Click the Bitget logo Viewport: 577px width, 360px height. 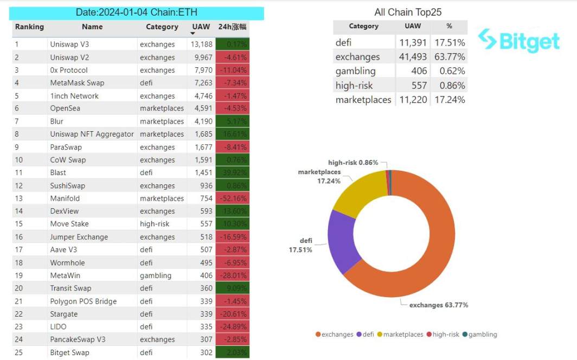[x=518, y=40]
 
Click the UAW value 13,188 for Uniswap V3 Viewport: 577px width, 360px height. [x=201, y=44]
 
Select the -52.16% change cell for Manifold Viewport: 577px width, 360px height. [x=233, y=198]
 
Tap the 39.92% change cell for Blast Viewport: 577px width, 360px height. [x=233, y=173]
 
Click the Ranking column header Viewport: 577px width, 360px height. [x=29, y=27]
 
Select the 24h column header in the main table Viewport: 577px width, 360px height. [x=232, y=27]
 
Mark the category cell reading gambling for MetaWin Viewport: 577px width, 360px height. [x=156, y=275]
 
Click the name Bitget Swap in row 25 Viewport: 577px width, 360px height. [x=69, y=352]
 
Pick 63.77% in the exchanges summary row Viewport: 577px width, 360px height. [x=449, y=57]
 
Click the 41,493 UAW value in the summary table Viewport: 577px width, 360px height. [x=413, y=57]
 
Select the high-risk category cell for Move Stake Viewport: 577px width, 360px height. [x=155, y=224]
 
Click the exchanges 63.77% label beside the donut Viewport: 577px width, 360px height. [x=439, y=305]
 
